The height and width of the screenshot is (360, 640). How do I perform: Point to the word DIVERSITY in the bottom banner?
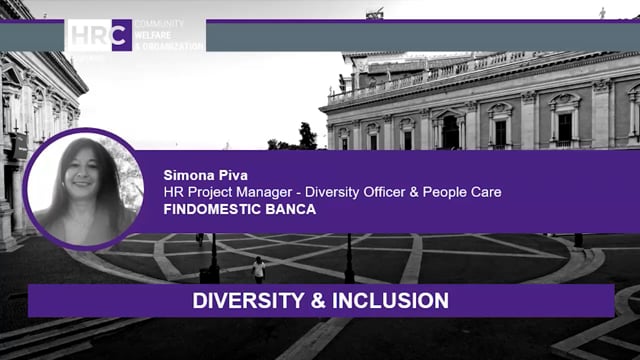click(x=238, y=300)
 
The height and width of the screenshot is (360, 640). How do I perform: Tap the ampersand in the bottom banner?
click(x=306, y=300)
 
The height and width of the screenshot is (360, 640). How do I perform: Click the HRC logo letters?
click(x=99, y=35)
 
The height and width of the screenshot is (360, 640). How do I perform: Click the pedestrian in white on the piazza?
click(x=259, y=267)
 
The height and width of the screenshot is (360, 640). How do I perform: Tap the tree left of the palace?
click(x=306, y=136)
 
